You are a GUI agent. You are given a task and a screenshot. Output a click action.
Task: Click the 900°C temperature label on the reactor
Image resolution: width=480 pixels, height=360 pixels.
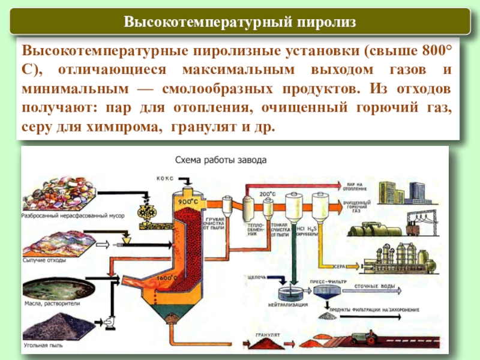tap(187, 202)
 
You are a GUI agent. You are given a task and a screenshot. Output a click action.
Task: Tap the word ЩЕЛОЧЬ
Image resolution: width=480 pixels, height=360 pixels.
tap(257, 277)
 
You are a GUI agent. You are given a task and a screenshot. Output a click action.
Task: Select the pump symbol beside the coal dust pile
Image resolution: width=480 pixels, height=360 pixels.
tap(109, 322)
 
